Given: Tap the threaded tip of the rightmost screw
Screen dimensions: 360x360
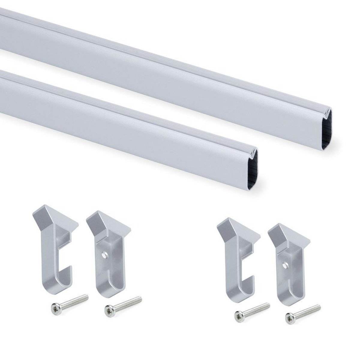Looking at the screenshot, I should pos(318,306).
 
